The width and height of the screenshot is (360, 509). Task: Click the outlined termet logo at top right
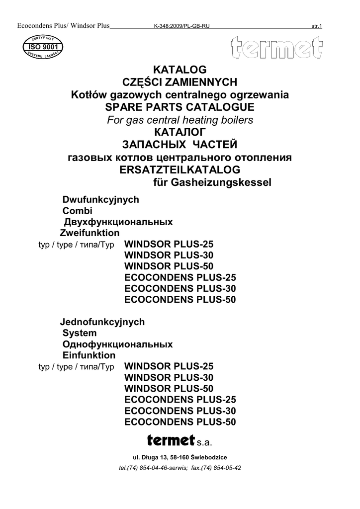(276, 50)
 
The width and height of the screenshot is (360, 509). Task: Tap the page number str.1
(316, 26)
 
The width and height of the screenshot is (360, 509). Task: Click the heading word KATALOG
(180, 70)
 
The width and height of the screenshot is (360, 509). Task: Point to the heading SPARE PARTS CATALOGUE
(180, 107)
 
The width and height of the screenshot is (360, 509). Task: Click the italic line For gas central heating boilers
(180, 120)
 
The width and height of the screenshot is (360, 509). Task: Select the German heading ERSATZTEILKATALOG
(180, 170)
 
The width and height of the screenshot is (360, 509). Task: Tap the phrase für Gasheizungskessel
(211, 183)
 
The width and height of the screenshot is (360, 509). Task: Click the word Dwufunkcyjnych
(100, 200)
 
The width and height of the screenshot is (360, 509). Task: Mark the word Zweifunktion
(90, 233)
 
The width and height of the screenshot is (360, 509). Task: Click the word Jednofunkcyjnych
(102, 322)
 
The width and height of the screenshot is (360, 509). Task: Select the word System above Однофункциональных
(80, 333)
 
